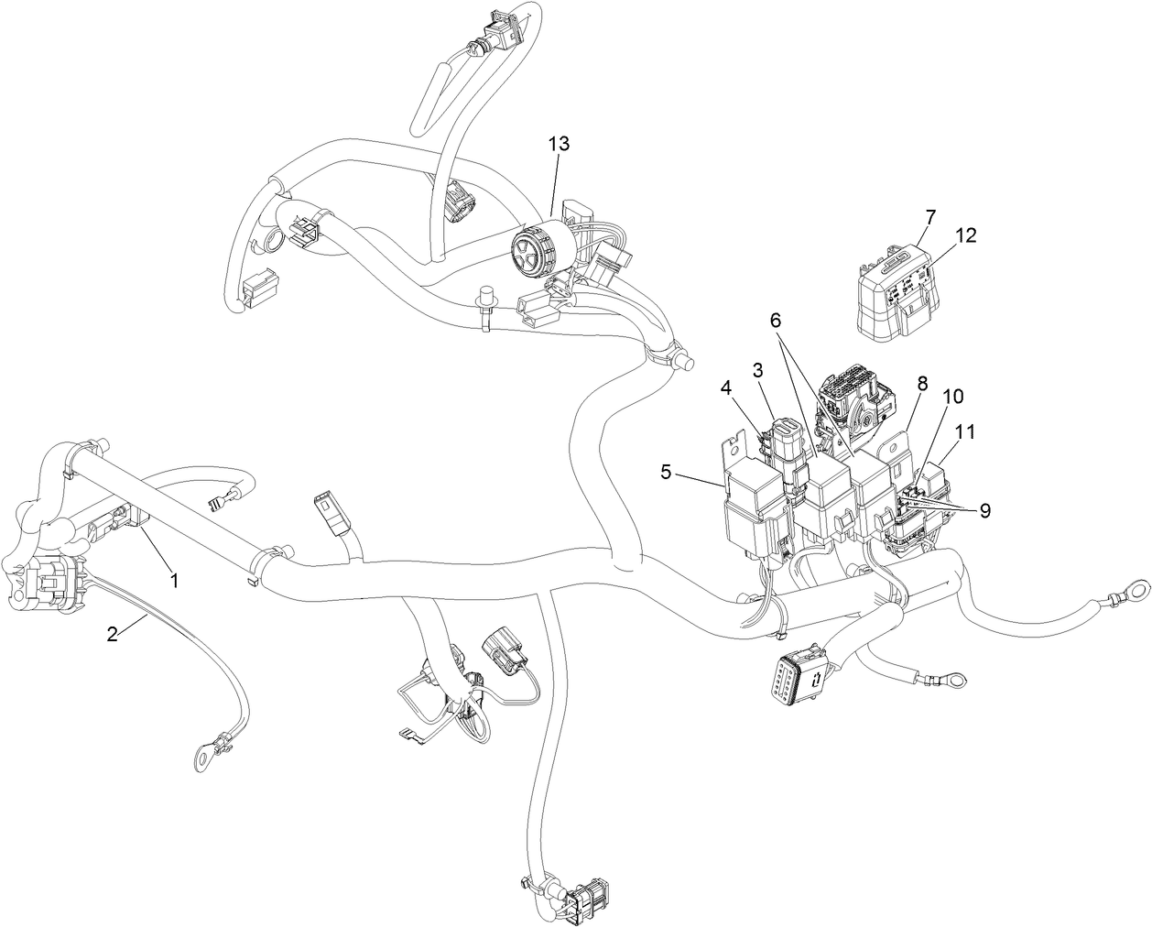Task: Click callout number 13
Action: click(559, 144)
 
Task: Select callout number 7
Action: click(930, 217)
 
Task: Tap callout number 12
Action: click(965, 236)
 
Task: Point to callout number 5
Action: click(666, 474)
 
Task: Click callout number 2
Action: click(112, 633)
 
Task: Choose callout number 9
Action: click(985, 511)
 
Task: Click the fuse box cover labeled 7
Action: click(893, 298)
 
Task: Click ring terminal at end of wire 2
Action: click(201, 757)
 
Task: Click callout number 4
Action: click(725, 387)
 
